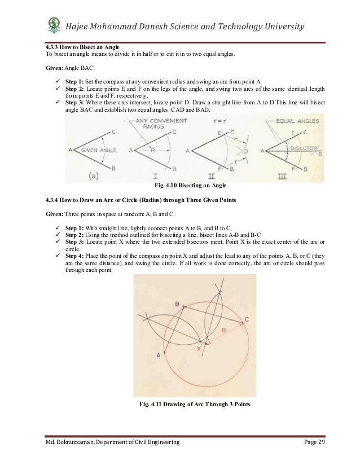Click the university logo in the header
click(x=54, y=25)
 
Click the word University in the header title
click(x=279, y=27)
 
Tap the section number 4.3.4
click(x=55, y=200)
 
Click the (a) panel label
click(x=94, y=175)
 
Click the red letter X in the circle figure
click(x=199, y=349)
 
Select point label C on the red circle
click(x=247, y=320)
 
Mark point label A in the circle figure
click(x=158, y=355)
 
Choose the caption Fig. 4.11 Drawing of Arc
click(x=194, y=405)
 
